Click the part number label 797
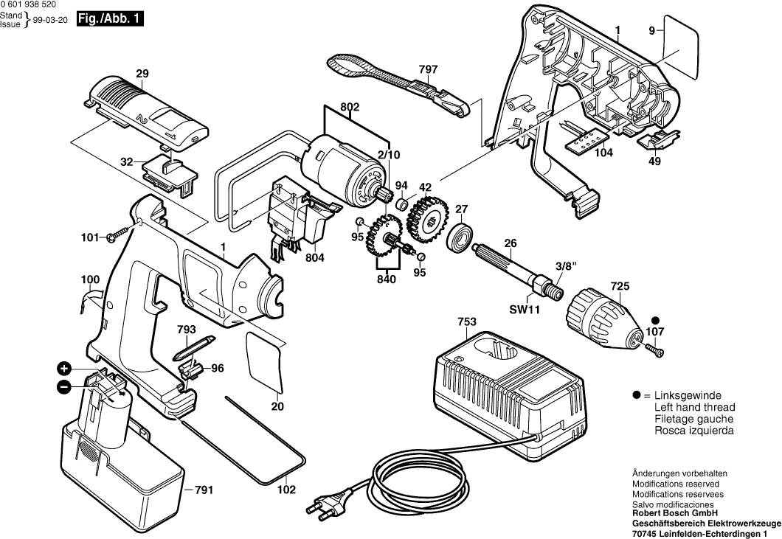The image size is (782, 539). tap(428, 69)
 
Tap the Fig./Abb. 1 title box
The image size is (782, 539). tap(110, 20)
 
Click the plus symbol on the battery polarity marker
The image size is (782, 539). tap(65, 368)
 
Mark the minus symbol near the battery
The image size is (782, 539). tap(65, 386)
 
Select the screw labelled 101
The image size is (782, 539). tap(117, 237)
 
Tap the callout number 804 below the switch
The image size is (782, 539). tap(314, 258)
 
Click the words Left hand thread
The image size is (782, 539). tap(694, 407)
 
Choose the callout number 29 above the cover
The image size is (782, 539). tap(142, 74)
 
